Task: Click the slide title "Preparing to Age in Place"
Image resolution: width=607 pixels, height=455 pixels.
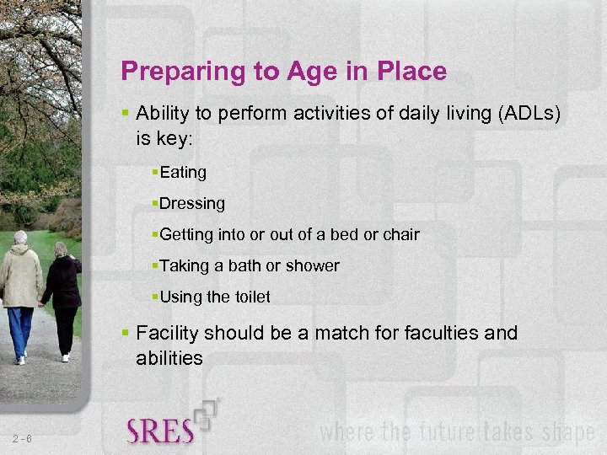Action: click(283, 72)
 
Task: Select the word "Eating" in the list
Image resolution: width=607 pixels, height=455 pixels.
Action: click(183, 173)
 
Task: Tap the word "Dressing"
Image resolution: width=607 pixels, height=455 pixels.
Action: click(192, 204)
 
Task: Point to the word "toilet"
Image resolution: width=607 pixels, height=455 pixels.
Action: click(251, 297)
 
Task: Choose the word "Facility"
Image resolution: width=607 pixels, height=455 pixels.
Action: click(168, 333)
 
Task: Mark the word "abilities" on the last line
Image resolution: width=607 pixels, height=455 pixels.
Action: click(169, 358)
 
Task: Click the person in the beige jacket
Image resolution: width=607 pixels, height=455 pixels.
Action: click(21, 291)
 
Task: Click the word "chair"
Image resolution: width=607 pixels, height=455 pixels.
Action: click(400, 234)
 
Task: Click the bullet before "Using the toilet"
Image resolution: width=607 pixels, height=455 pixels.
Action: click(155, 297)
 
